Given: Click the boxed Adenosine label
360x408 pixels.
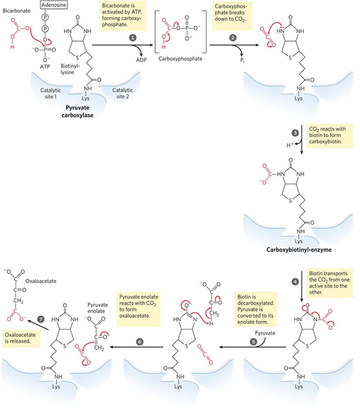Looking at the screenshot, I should (54, 5).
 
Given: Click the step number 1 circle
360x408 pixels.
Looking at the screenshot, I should (132, 37).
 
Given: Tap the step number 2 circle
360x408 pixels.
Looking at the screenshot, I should (233, 37).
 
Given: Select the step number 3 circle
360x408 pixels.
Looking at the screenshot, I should (295, 133).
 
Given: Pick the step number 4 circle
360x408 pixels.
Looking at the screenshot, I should (295, 282).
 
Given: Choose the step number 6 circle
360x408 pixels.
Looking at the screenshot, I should (139, 342).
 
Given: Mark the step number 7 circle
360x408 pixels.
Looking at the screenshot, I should (41, 319).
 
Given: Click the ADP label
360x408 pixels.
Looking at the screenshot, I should (141, 60).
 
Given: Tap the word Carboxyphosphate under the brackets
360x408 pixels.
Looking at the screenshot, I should (180, 59).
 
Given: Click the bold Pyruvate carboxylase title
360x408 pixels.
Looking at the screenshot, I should (77, 111).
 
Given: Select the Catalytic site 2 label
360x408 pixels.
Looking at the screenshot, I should (123, 93).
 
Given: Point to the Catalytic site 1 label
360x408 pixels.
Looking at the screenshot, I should (51, 93).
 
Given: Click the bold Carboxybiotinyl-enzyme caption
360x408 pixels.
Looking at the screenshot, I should (299, 250).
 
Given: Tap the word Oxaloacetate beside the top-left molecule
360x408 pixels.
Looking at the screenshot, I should (41, 281).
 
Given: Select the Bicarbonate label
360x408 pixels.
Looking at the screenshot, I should (16, 11).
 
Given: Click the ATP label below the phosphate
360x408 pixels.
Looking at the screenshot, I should (45, 67).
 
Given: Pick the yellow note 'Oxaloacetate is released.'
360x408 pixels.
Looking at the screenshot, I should (21, 338).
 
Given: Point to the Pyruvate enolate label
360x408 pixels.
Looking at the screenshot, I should (98, 308).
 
